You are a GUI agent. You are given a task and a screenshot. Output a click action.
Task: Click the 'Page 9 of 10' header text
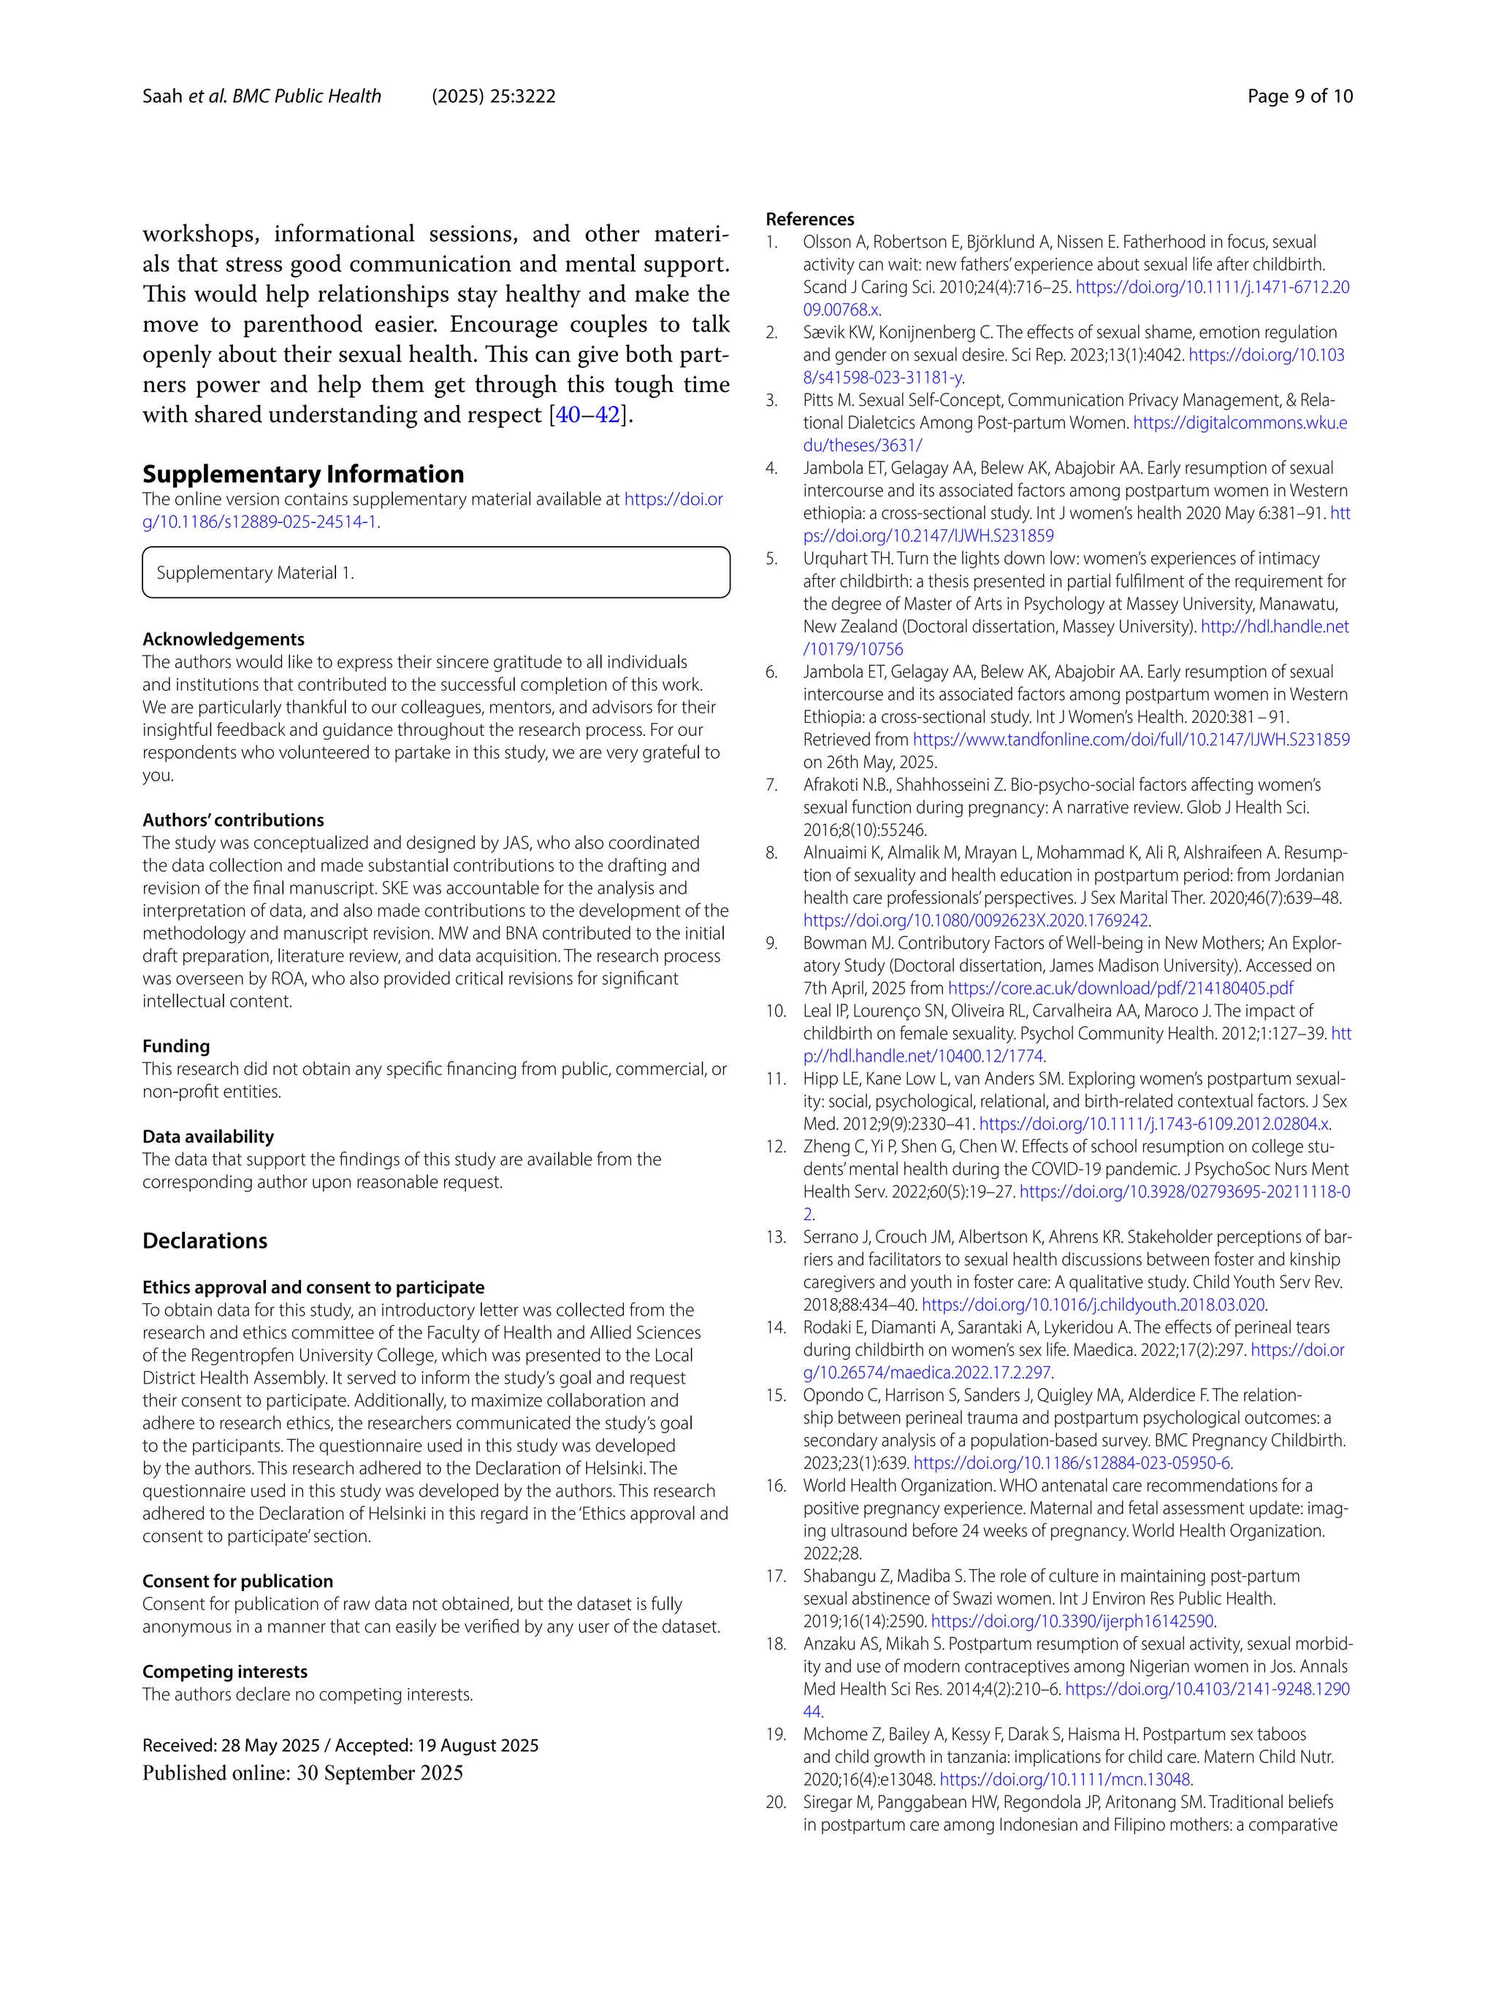point(1300,96)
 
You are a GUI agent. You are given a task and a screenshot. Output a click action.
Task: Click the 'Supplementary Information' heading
point(303,474)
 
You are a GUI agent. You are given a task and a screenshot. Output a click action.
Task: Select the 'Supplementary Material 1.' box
point(435,572)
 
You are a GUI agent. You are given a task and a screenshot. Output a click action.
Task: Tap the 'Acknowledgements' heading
point(224,639)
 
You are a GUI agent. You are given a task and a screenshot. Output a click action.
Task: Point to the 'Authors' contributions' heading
point(232,821)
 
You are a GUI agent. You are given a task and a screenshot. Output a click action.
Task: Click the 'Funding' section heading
point(176,1046)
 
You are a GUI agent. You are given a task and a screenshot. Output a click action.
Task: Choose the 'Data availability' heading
point(207,1137)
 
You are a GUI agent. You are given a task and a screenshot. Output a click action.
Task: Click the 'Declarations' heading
point(205,1241)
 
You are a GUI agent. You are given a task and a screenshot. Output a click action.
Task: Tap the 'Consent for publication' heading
point(237,1581)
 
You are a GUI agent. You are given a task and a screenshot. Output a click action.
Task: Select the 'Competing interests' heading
point(224,1671)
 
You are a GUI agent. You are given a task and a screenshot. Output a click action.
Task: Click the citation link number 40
point(568,415)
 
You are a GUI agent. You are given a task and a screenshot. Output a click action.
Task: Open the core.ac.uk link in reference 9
point(1120,988)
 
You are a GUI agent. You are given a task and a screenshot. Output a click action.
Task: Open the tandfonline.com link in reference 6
point(1131,739)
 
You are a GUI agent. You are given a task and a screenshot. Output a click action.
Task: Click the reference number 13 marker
point(776,1237)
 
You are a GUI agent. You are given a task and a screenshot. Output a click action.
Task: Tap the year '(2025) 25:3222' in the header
point(493,96)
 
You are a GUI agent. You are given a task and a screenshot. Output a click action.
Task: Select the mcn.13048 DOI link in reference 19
point(1064,1779)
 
